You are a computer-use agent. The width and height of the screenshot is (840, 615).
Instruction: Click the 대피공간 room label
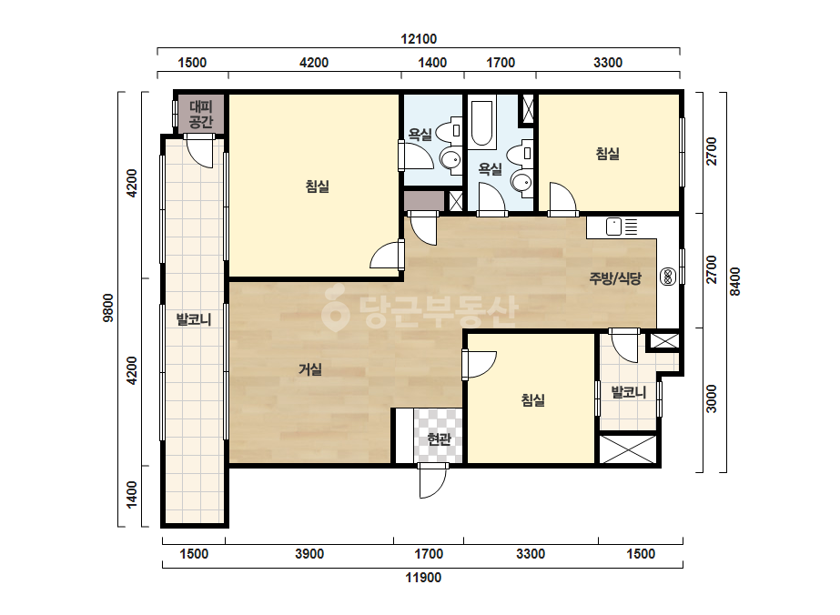[x=201, y=114]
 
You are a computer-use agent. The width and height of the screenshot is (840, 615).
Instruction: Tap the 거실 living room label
[x=310, y=369]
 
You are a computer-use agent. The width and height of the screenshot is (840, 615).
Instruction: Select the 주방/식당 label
[x=615, y=278]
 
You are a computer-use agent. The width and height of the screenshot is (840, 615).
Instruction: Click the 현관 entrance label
[x=439, y=439]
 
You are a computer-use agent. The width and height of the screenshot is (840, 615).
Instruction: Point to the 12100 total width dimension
[x=419, y=39]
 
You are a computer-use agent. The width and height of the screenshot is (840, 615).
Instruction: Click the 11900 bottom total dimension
[x=423, y=578]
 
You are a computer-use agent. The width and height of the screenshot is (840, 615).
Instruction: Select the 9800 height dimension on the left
[x=108, y=308]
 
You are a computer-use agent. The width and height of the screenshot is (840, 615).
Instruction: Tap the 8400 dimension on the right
[x=735, y=282]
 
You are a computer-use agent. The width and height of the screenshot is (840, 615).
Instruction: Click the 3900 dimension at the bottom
[x=309, y=553]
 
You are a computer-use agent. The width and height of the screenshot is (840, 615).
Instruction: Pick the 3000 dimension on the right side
[x=711, y=398]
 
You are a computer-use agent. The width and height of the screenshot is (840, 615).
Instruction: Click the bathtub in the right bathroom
[x=482, y=122]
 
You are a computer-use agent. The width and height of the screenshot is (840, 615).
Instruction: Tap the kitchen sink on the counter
[x=614, y=227]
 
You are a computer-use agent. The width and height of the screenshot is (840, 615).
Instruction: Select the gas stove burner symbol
[x=668, y=277]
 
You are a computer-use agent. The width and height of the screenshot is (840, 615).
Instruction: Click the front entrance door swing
[x=433, y=480]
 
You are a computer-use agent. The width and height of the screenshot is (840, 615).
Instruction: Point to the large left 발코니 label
[x=194, y=320]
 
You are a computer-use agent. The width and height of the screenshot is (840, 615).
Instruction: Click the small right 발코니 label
[x=629, y=392]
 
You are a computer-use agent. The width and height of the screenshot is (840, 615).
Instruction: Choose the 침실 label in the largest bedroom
[x=317, y=187]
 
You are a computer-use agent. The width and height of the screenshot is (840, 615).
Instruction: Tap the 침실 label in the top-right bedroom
[x=608, y=154]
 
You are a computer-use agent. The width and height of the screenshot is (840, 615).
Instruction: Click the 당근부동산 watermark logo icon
[x=335, y=308]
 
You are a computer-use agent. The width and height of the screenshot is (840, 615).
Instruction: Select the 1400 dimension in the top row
[x=432, y=63]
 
